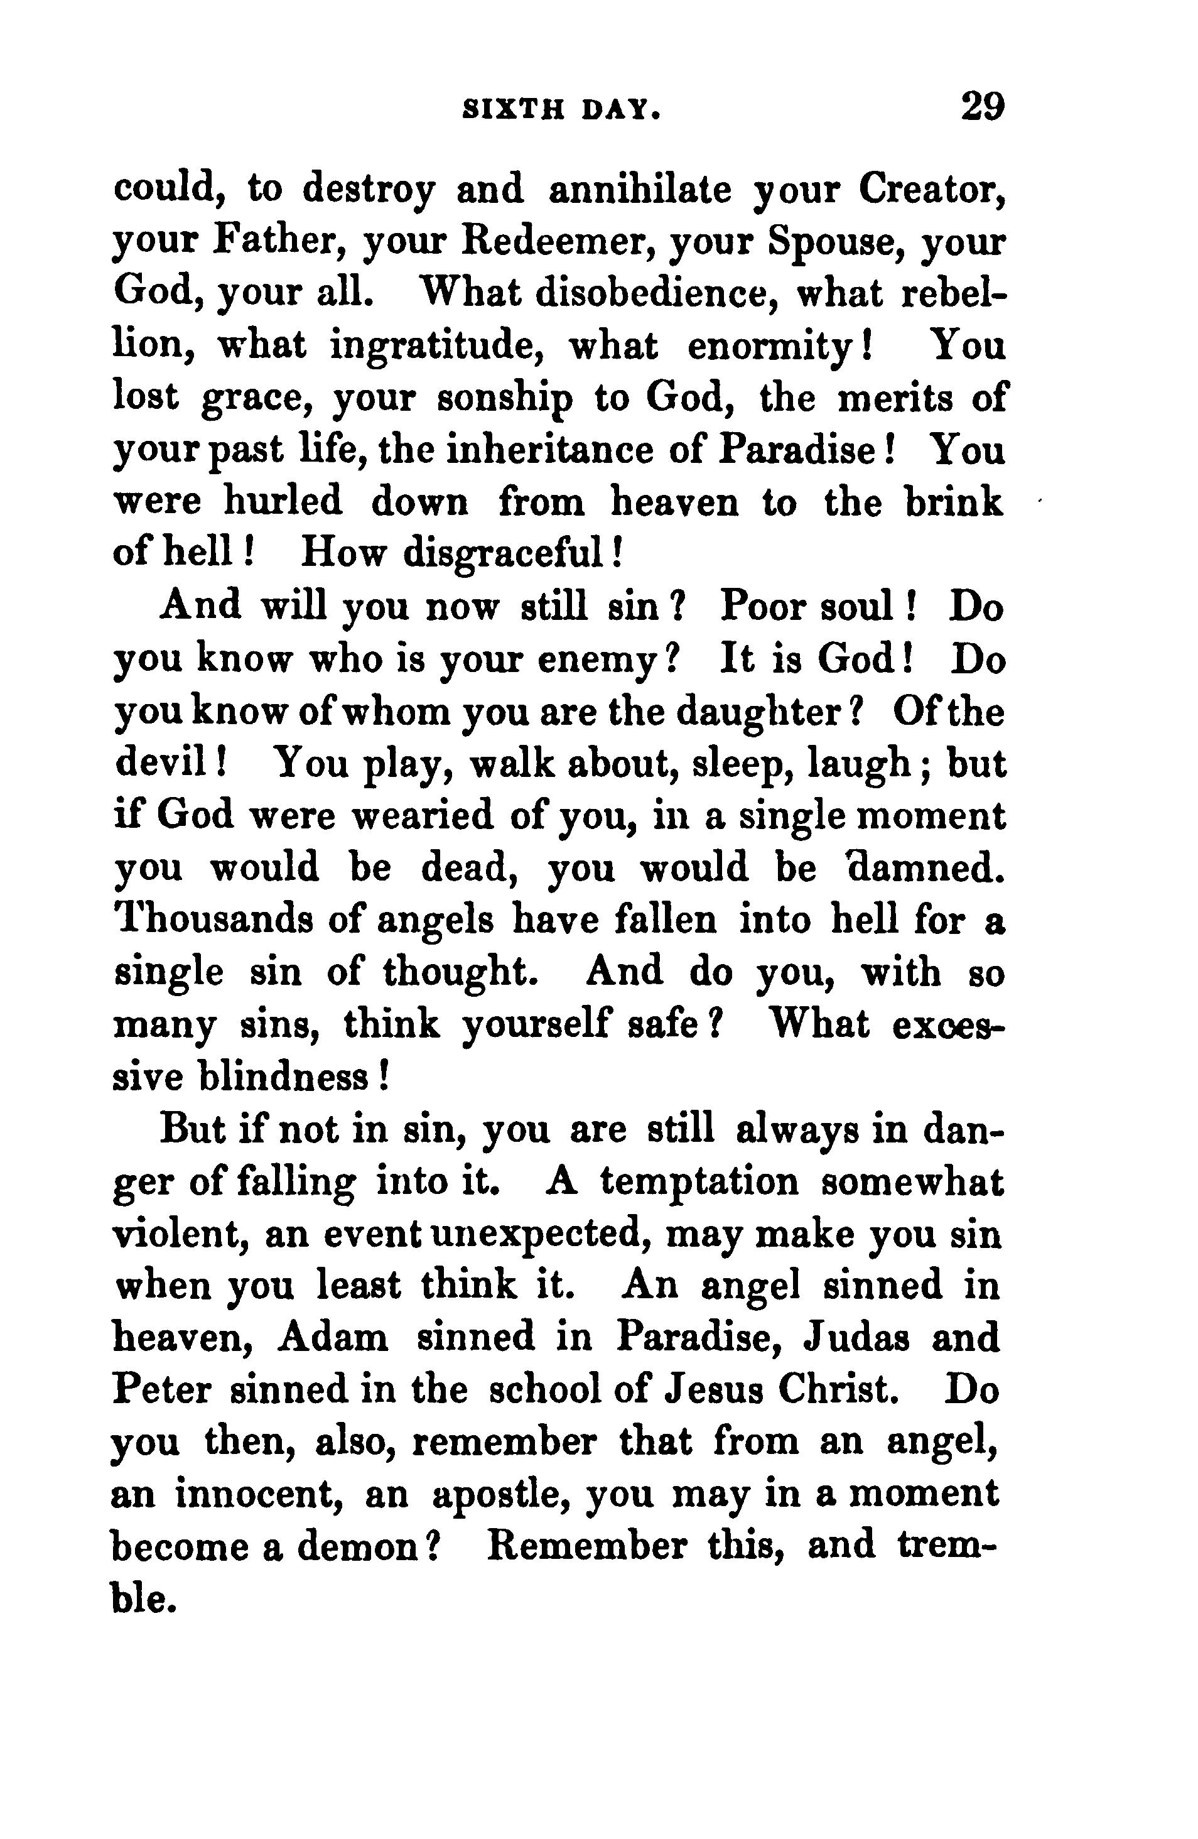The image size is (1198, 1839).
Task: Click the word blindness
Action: [292, 1077]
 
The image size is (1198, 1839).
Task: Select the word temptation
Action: [699, 1181]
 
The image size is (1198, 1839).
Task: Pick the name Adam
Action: [333, 1338]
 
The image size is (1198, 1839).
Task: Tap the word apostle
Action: [502, 1495]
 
